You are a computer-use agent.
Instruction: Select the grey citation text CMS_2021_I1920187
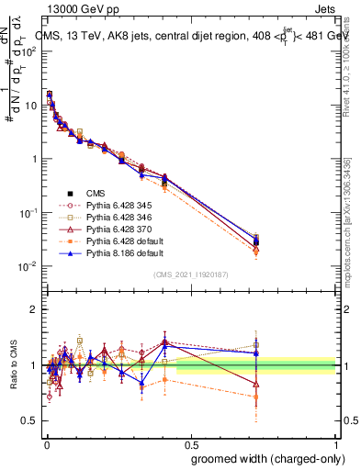[190, 274]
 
